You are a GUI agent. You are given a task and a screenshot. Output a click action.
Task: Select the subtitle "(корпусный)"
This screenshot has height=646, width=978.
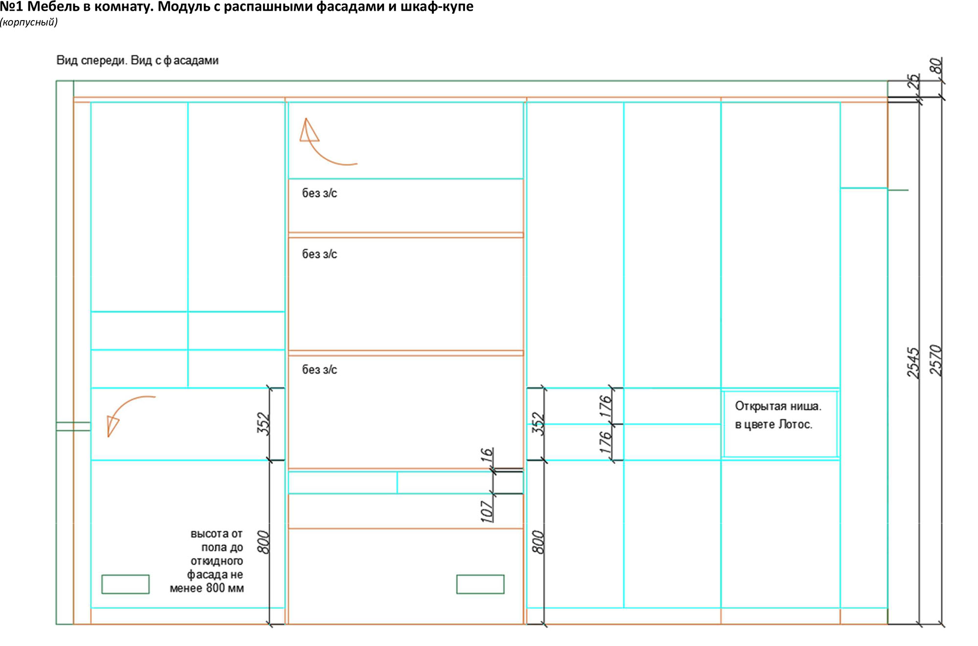(x=29, y=22)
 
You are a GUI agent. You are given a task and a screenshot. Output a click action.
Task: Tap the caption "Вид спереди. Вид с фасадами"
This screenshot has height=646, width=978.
(x=137, y=60)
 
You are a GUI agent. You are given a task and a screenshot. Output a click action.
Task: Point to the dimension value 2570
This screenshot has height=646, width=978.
(x=936, y=360)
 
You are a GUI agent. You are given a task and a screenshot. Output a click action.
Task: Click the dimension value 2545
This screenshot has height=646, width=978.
(x=913, y=363)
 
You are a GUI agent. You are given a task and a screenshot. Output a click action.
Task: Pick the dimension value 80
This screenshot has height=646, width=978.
(x=936, y=66)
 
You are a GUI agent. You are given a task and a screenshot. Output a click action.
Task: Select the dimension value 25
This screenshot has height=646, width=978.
(x=913, y=81)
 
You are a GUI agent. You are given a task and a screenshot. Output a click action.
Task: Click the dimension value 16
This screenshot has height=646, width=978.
(x=487, y=455)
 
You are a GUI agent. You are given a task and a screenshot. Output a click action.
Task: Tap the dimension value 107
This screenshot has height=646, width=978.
(x=487, y=511)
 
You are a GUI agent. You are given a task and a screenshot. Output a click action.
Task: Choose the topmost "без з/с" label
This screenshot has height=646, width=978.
(x=319, y=193)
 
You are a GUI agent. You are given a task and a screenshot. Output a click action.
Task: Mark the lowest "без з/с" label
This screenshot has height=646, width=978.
(x=319, y=369)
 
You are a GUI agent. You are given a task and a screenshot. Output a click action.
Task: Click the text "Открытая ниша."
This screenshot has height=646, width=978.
(x=778, y=406)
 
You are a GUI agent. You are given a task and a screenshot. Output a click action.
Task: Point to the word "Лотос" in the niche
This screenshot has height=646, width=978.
(x=795, y=424)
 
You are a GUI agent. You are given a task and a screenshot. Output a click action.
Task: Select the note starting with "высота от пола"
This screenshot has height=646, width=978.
(x=207, y=561)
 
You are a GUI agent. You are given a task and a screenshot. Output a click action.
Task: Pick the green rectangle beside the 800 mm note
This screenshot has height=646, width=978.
(x=125, y=584)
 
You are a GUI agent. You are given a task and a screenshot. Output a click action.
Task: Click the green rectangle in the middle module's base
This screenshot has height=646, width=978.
(x=480, y=584)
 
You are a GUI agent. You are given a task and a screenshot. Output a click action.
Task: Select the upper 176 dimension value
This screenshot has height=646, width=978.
(x=606, y=406)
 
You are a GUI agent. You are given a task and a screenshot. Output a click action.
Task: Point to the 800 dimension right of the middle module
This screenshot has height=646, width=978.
(x=538, y=542)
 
